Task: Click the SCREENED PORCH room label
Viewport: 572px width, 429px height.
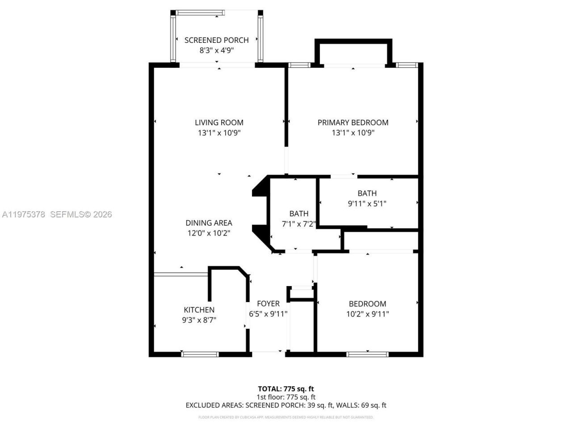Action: click(x=216, y=40)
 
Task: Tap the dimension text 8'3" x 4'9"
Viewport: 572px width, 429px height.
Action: click(x=216, y=50)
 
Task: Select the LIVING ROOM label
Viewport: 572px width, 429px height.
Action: click(x=219, y=122)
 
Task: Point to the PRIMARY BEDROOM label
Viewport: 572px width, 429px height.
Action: click(x=353, y=122)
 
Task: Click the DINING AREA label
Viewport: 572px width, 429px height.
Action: click(x=209, y=223)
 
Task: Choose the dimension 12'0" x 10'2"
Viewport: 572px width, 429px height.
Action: click(x=209, y=233)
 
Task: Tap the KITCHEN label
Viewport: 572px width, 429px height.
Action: click(x=199, y=310)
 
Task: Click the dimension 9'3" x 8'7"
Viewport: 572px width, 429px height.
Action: click(x=199, y=320)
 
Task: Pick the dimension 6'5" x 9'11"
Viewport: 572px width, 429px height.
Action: click(x=268, y=314)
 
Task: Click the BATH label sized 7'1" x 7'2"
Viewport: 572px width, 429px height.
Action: click(x=299, y=214)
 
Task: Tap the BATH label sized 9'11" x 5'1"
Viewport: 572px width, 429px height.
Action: click(x=367, y=193)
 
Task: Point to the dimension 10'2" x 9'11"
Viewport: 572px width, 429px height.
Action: click(x=367, y=314)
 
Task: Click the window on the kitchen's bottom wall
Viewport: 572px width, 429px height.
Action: click(x=200, y=354)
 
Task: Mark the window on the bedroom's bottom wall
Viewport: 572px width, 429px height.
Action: click(x=367, y=354)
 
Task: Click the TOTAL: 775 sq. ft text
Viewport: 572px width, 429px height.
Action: click(x=286, y=389)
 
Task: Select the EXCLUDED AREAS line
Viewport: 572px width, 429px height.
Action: click(x=286, y=405)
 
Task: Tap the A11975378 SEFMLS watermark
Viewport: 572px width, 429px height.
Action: click(x=56, y=214)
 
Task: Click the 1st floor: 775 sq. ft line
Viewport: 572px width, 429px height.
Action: click(x=286, y=397)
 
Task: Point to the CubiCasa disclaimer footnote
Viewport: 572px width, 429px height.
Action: click(x=286, y=417)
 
